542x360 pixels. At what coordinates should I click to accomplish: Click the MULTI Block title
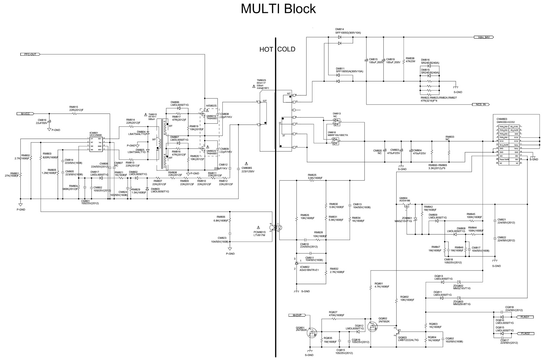pos(278,8)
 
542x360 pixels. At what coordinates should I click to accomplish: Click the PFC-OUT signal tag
pos(30,54)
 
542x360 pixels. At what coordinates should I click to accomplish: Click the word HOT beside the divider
pos(266,49)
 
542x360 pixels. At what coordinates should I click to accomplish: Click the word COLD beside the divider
pos(287,49)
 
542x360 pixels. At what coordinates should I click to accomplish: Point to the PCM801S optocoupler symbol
pos(276,227)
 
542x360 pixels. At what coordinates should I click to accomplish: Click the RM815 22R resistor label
pos(74,108)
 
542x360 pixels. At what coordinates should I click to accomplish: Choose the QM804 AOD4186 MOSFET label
pos(405,200)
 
